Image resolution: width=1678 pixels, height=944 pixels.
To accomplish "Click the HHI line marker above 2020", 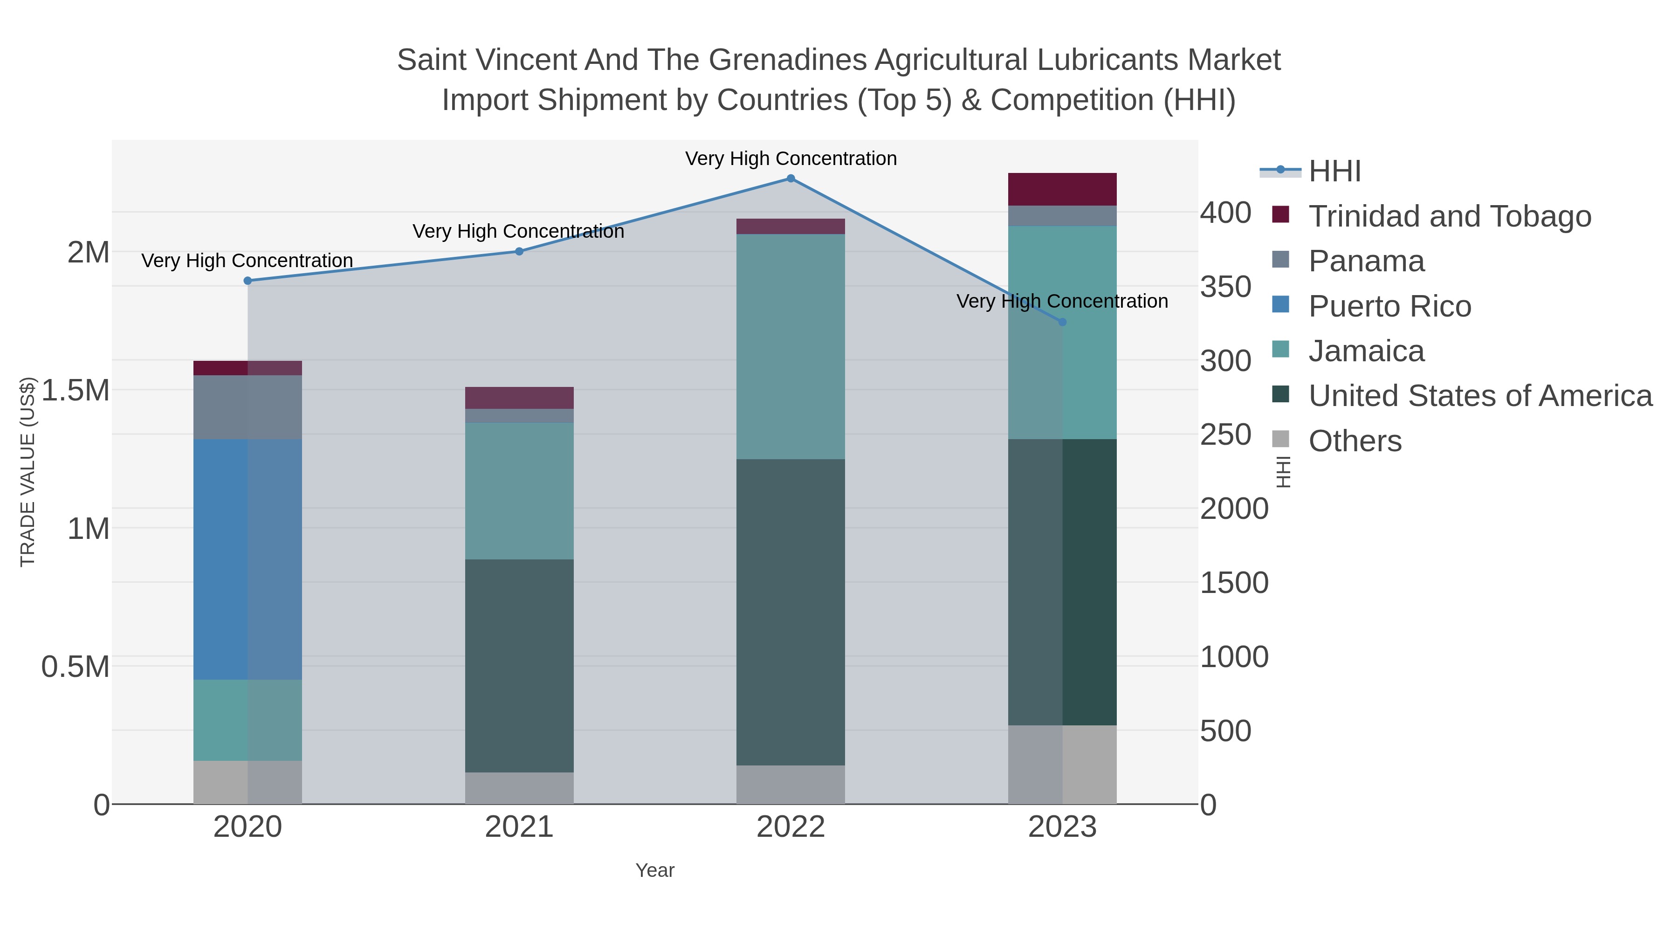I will (x=248, y=281).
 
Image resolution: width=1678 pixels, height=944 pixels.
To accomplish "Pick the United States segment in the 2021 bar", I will (x=519, y=666).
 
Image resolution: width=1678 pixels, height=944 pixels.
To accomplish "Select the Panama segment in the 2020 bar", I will (x=248, y=407).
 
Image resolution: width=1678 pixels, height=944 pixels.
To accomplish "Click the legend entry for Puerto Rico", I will (x=1389, y=306).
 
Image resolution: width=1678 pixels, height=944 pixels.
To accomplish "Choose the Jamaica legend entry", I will (x=1366, y=351).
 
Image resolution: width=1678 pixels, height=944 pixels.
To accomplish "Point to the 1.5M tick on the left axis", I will (x=75, y=390).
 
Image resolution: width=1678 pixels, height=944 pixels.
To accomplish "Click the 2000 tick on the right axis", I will (x=1234, y=509).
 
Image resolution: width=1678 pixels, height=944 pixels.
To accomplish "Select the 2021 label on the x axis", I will (x=519, y=827).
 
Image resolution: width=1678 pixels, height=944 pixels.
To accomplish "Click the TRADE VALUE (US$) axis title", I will (x=28, y=472).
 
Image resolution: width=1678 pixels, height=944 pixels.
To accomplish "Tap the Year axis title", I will (x=655, y=870).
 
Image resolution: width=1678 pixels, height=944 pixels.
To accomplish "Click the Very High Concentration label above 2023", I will (x=1062, y=301).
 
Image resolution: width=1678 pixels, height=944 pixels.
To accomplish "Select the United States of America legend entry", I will (x=1480, y=396).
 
